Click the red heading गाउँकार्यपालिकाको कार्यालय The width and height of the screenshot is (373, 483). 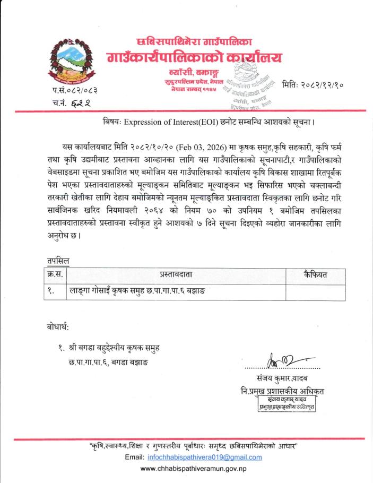click(x=194, y=57)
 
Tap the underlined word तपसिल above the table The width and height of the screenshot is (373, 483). click(x=57, y=261)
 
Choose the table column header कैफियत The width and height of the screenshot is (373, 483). click(x=315, y=274)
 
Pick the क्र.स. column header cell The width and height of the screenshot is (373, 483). click(x=55, y=274)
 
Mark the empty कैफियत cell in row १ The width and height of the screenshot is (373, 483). click(x=315, y=291)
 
